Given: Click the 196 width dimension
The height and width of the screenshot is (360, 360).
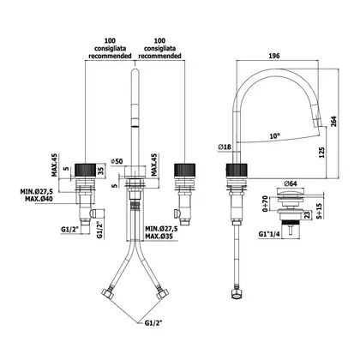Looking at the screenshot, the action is [x=274, y=56].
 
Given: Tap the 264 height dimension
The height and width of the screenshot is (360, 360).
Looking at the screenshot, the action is [x=333, y=121].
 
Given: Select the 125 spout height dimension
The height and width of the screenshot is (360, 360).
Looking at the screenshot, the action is [x=321, y=153].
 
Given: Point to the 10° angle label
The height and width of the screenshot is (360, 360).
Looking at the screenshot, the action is [x=274, y=136].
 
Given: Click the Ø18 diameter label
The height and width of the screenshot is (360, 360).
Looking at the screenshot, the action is [x=225, y=147].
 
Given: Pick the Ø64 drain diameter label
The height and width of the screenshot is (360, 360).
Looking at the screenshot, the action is [x=291, y=183].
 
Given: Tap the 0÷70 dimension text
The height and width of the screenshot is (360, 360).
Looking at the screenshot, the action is [x=265, y=204].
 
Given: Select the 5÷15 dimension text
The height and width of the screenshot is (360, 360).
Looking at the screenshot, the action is [x=320, y=211].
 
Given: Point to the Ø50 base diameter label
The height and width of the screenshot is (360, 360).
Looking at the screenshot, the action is [x=117, y=161].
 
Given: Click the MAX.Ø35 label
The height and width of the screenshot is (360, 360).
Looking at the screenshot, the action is [x=159, y=237].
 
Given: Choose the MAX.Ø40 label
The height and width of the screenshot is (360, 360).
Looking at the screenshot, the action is [x=39, y=199].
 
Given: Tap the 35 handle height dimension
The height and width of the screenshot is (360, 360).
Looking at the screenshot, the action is [x=100, y=171].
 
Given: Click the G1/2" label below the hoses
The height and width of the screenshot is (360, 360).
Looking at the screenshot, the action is [x=153, y=323].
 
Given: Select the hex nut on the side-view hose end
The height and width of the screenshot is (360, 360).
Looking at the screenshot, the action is [x=236, y=293].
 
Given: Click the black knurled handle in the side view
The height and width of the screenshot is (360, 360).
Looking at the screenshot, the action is [x=237, y=171].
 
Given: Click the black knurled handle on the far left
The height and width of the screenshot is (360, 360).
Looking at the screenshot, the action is [x=86, y=171].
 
